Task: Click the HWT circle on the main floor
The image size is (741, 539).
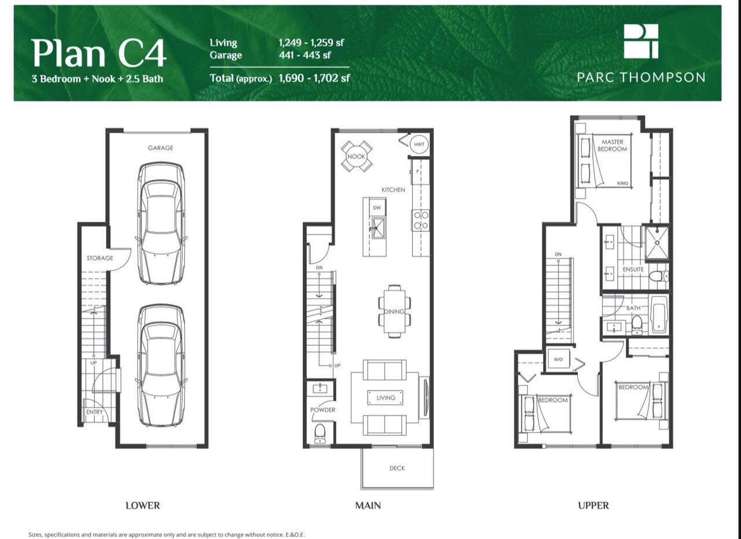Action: (419, 144)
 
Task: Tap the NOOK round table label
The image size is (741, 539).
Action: (356, 156)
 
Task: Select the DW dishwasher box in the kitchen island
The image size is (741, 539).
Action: (377, 208)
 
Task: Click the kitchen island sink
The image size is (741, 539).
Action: (378, 228)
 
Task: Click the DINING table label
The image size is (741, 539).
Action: (394, 311)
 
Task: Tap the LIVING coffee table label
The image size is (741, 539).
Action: (386, 397)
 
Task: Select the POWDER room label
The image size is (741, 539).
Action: (322, 410)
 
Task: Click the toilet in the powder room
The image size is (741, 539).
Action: (320, 434)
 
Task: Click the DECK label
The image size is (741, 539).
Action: (397, 468)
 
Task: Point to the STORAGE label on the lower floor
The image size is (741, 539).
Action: (100, 258)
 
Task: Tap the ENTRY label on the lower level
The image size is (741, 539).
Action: (94, 412)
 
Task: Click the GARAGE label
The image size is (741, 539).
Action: (160, 148)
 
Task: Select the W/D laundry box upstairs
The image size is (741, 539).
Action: (558, 360)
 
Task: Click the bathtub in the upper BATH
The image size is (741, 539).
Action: (659, 314)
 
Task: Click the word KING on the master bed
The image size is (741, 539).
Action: (622, 183)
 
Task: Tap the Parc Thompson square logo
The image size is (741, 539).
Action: (641, 41)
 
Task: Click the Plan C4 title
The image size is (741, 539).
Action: (98, 53)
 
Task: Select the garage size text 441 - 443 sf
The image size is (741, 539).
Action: (305, 55)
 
